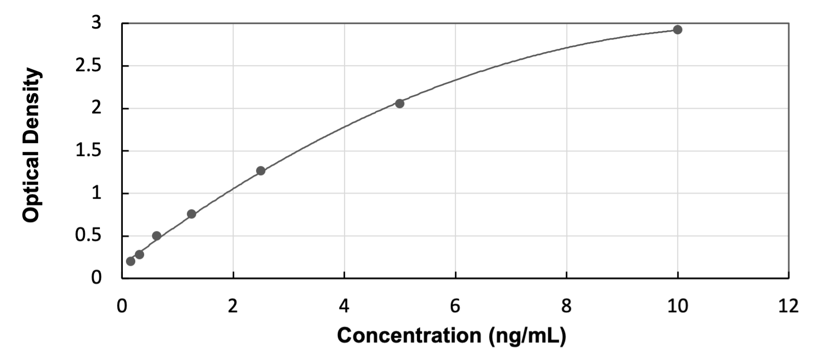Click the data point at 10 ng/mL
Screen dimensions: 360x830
click(x=678, y=30)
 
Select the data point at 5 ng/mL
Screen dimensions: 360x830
click(x=400, y=104)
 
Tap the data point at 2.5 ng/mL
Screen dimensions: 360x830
click(x=261, y=171)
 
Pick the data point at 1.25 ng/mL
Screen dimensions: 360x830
click(x=191, y=214)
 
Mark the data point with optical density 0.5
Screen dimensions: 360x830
click(x=157, y=236)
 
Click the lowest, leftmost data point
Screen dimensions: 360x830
click(x=131, y=261)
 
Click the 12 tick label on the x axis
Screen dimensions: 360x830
click(x=789, y=306)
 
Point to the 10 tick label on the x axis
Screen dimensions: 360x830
click(x=678, y=306)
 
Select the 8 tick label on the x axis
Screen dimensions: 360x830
click(x=566, y=306)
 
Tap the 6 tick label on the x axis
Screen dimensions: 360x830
click(x=455, y=306)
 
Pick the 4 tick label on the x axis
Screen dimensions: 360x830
click(x=344, y=306)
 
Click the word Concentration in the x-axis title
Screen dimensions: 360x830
click(x=409, y=336)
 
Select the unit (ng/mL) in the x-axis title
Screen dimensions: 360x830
click(x=527, y=336)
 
